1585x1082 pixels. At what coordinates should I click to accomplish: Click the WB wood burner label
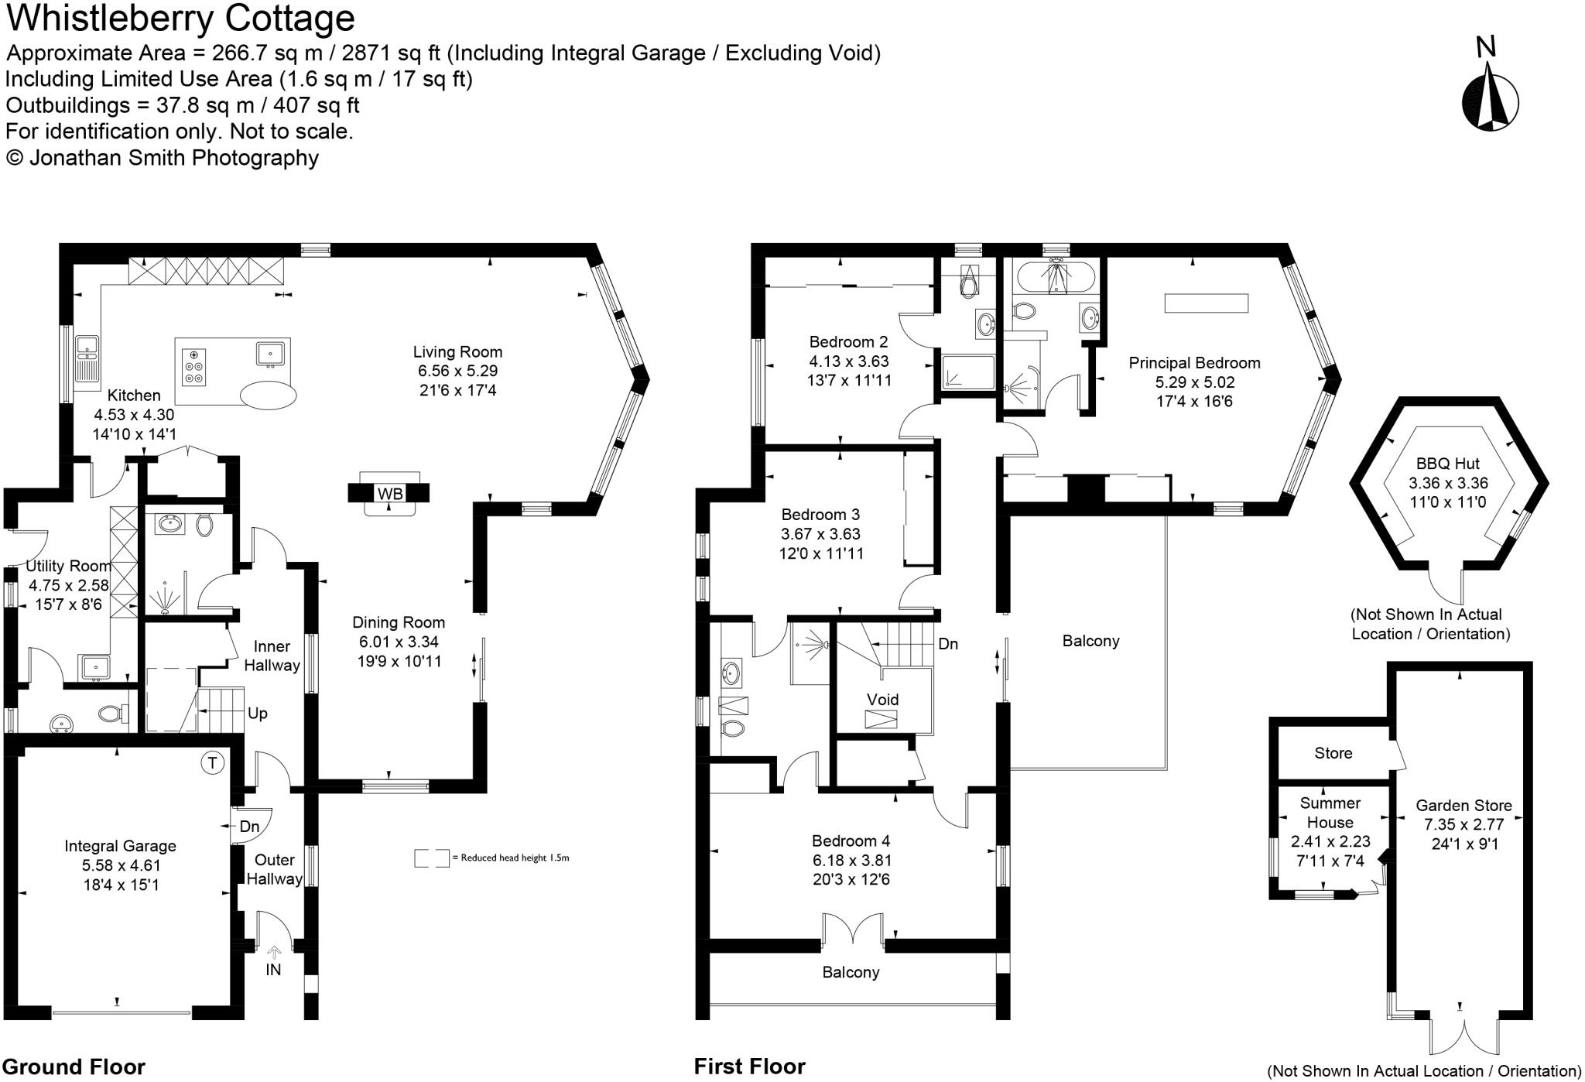[x=389, y=493]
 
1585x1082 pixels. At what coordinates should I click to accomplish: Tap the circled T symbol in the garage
[x=212, y=762]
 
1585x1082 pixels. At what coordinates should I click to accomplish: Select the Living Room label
[x=457, y=351]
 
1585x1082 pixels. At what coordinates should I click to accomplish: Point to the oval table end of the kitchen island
[x=268, y=395]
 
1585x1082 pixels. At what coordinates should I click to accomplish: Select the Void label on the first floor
[x=882, y=699]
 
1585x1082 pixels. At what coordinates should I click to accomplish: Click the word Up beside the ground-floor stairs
[x=258, y=713]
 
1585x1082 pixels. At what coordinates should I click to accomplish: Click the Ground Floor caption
[x=74, y=1067]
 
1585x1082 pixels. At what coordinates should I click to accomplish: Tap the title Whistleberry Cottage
[x=180, y=19]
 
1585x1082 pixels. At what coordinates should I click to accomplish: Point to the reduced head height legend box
[x=431, y=858]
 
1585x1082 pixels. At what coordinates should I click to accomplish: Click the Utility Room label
[x=68, y=566]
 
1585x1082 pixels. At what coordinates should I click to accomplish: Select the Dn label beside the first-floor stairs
[x=947, y=643]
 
